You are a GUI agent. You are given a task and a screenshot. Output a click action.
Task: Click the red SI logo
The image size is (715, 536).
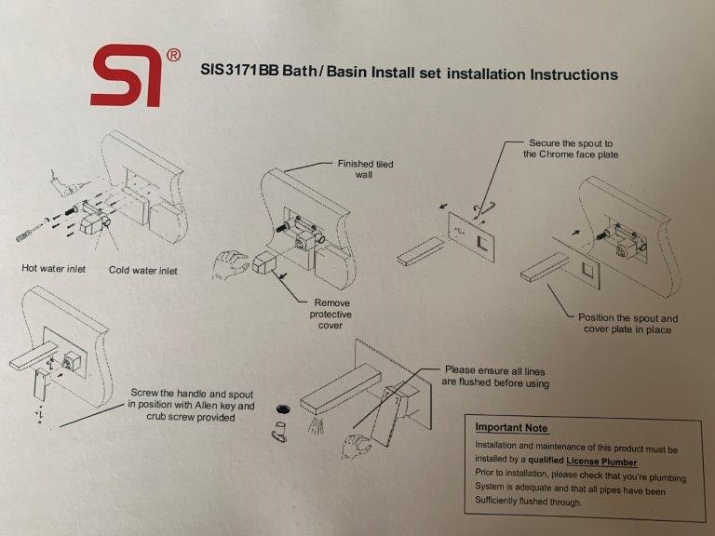127,75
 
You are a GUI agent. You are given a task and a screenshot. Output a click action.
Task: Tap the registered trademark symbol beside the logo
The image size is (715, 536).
173,55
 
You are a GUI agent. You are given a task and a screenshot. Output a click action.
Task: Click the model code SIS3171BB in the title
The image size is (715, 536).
239,70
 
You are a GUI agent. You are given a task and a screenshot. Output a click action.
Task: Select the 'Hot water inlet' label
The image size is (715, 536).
53,268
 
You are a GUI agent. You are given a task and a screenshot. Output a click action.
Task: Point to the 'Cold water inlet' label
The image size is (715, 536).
142,270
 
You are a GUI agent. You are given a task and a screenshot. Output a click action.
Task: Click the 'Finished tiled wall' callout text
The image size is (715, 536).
365,169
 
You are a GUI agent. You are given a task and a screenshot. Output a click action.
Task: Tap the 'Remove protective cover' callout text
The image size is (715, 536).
331,314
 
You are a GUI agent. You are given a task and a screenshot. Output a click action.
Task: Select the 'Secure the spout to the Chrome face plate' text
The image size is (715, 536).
571,149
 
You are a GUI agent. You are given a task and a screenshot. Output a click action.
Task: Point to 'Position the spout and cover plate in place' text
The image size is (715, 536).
627,324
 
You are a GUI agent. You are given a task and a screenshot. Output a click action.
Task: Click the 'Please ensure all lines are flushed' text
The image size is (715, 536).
495,377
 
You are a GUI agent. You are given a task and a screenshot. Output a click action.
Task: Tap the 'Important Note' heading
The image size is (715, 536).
511,427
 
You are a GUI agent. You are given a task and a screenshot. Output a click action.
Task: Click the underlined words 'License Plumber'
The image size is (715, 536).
601,462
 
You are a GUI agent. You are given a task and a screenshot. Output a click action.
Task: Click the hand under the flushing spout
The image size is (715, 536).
357,446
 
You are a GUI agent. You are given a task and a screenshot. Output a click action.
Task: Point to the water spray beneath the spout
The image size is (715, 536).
316,424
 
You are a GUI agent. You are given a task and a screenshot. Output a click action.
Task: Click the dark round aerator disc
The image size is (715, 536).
284,409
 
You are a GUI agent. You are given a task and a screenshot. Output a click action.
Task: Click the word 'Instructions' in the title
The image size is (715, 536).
573,74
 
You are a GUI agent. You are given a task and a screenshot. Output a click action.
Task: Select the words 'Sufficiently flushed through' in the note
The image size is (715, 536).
528,501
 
